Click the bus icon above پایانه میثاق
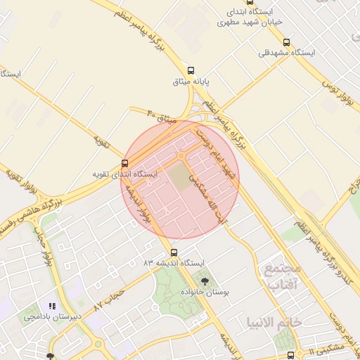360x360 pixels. pos(192,70)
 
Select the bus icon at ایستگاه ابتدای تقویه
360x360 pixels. pos(125,162)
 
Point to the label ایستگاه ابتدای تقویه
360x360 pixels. pos(125,174)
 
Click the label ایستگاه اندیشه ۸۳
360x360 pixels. pos(173,263)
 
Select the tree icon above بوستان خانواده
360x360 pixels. pos(205,281)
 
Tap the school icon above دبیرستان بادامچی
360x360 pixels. pos(51,306)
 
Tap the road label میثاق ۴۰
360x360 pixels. pos(161,117)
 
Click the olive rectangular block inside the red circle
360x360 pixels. pos(181,176)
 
